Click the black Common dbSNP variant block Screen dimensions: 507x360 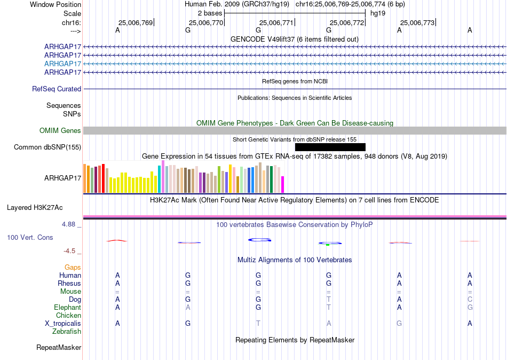[330, 147]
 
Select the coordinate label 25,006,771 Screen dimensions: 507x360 [276, 22]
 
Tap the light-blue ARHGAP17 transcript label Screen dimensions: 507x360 [62, 64]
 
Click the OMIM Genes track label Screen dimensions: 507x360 [60, 130]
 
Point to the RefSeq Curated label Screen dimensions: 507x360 [57, 89]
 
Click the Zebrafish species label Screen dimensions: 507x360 [67, 332]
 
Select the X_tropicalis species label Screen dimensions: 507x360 [63, 324]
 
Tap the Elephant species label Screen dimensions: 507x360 [67, 308]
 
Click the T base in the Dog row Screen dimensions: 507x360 [329, 300]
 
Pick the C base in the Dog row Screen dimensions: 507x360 [470, 300]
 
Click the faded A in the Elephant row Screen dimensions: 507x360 [188, 308]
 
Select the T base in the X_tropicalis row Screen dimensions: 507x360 [258, 324]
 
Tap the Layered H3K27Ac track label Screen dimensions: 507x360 [35, 208]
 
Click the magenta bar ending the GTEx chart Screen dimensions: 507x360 [283, 184]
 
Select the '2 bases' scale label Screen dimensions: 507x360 [210, 13]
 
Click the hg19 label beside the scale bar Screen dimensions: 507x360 [378, 13]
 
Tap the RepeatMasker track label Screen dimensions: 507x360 [59, 348]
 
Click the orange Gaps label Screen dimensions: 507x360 [73, 268]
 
